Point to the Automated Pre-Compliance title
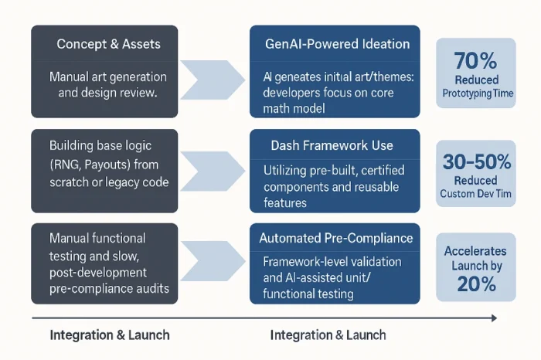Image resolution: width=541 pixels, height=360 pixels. click(x=335, y=238)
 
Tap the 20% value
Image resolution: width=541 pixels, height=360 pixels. click(x=475, y=283)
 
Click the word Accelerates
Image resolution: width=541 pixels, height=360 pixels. click(x=475, y=251)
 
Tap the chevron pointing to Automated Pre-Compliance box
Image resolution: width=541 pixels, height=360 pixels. click(x=213, y=263)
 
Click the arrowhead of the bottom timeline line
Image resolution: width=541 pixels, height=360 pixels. click(x=493, y=318)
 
